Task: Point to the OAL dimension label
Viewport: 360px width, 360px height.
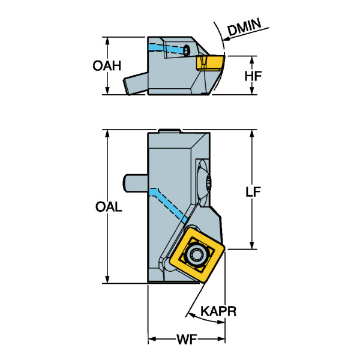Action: pos(109,208)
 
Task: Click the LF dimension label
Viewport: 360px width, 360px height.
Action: pos(253,191)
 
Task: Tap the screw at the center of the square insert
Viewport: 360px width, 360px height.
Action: pos(196,254)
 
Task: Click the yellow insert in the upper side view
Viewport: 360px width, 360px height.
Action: pos(211,62)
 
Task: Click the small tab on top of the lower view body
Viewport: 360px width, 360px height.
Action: pos(170,130)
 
